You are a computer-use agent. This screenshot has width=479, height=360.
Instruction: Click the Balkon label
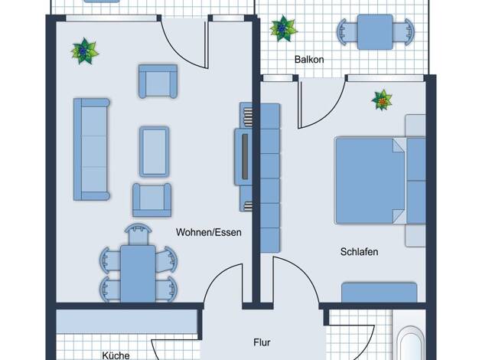point(309,59)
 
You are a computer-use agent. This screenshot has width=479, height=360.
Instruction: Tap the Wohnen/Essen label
point(209,232)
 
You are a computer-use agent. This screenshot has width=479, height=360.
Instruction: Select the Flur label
point(262,342)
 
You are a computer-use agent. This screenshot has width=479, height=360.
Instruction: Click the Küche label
point(116,355)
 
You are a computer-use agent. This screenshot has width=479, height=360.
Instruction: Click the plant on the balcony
point(283,28)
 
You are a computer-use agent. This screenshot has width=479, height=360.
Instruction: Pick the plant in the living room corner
point(84,51)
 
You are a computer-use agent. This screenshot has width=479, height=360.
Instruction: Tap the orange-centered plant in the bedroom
point(382,100)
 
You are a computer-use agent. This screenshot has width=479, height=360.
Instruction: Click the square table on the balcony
point(375,32)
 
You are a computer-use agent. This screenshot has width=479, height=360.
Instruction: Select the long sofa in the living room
point(91,149)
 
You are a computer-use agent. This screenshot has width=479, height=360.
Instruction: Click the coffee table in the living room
point(155,152)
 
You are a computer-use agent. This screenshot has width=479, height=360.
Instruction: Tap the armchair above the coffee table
point(158,81)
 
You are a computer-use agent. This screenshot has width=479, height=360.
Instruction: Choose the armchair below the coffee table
point(152,200)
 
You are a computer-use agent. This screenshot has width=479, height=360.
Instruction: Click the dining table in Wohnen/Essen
point(138,273)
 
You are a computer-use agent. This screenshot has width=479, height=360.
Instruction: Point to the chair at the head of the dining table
point(138,234)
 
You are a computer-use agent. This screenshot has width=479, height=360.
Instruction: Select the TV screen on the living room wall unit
point(245,156)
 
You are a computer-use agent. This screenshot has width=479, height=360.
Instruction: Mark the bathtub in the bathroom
point(412,343)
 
